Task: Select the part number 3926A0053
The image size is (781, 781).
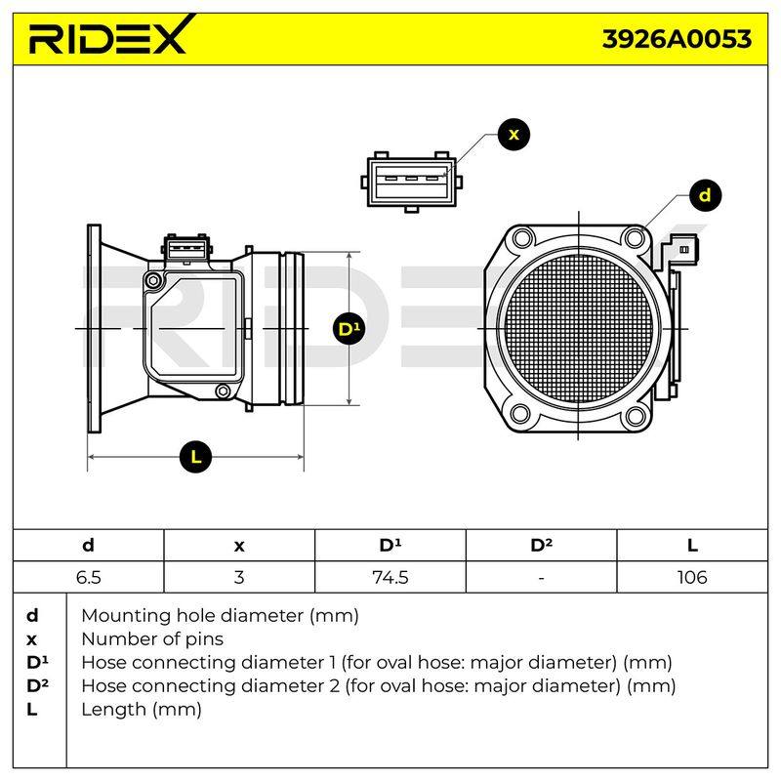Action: [677, 39]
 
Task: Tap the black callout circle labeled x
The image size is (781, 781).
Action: [514, 135]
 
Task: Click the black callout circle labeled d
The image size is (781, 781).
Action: [705, 194]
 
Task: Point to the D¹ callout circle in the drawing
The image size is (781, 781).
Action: [349, 329]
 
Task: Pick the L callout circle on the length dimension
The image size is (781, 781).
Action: [196, 457]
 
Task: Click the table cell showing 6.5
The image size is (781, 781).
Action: [89, 577]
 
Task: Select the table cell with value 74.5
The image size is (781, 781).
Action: [390, 577]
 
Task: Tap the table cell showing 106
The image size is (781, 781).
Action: [692, 577]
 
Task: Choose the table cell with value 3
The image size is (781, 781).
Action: [239, 577]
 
